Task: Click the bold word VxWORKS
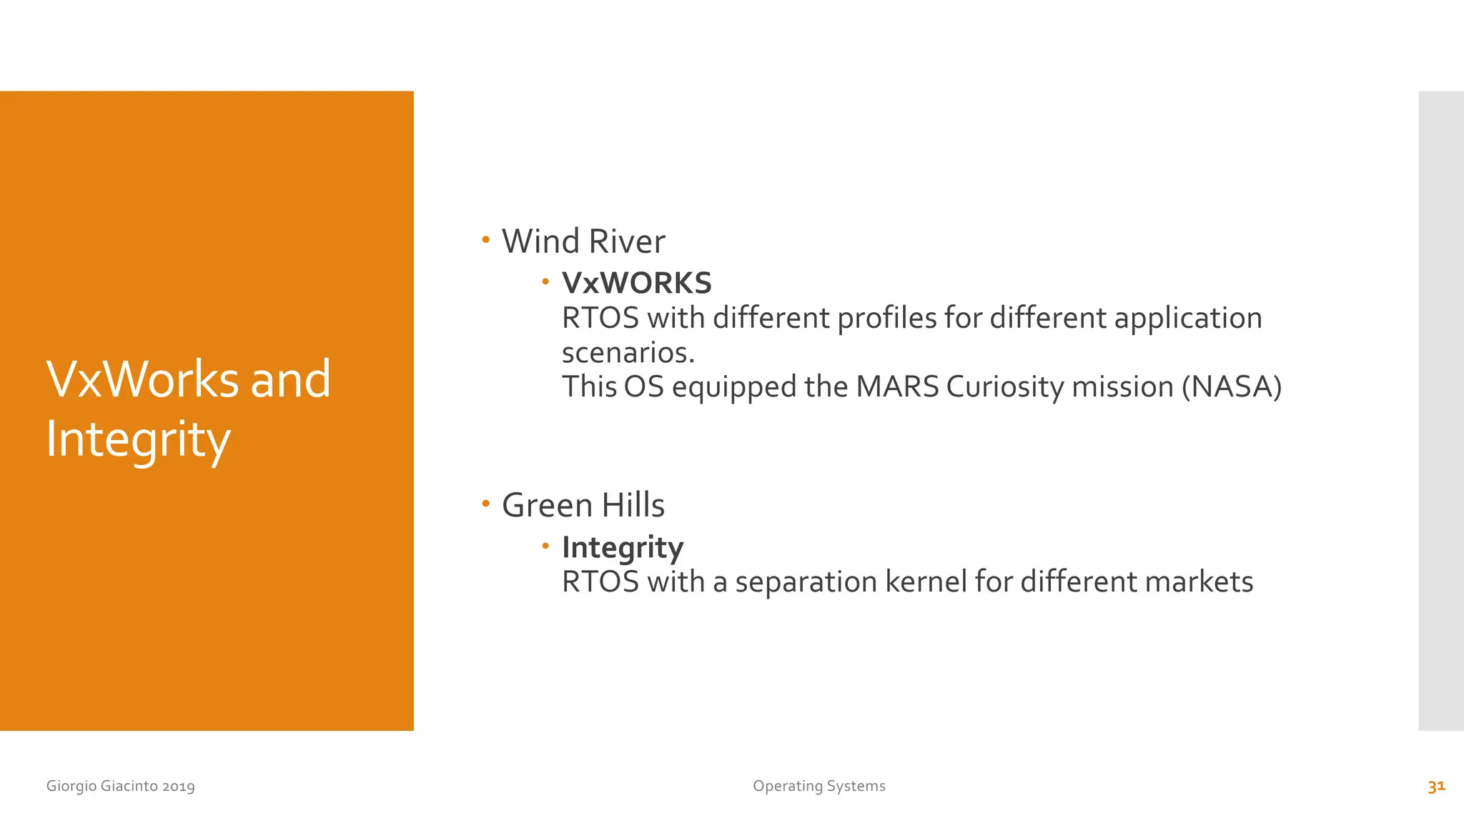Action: [636, 284]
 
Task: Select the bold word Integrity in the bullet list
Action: [622, 548]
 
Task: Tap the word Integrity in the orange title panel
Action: [138, 439]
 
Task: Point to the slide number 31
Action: [1436, 786]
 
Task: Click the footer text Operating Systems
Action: [818, 786]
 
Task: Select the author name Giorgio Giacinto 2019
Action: [120, 786]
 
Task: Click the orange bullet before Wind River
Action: [486, 240]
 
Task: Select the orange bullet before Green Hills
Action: [486, 504]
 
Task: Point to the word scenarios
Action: [628, 353]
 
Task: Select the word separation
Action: [806, 582]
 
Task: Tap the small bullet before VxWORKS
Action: [545, 282]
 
